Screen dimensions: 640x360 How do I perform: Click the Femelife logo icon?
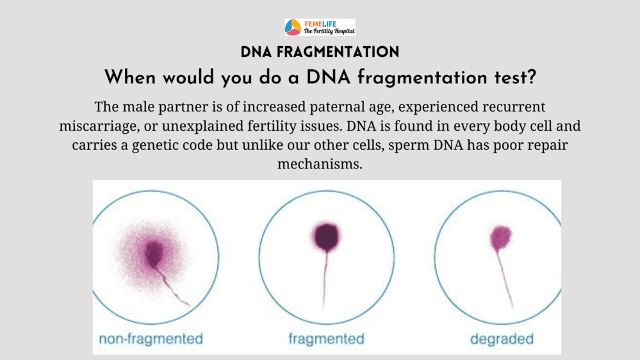(x=293, y=27)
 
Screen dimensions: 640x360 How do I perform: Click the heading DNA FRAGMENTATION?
(x=320, y=53)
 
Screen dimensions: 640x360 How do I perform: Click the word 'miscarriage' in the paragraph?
(x=97, y=126)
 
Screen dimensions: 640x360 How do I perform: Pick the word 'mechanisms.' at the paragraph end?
(x=320, y=164)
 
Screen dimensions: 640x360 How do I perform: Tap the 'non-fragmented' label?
(x=151, y=339)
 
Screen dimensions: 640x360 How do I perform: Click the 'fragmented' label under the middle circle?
(x=326, y=339)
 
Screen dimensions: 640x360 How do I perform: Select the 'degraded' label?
(x=502, y=339)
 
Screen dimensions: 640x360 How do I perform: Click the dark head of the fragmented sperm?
(x=326, y=237)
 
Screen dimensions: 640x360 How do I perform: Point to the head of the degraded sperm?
(x=500, y=238)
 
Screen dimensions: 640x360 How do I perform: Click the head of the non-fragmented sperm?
(x=154, y=254)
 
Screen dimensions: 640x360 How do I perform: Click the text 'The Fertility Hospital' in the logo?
(x=329, y=31)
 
